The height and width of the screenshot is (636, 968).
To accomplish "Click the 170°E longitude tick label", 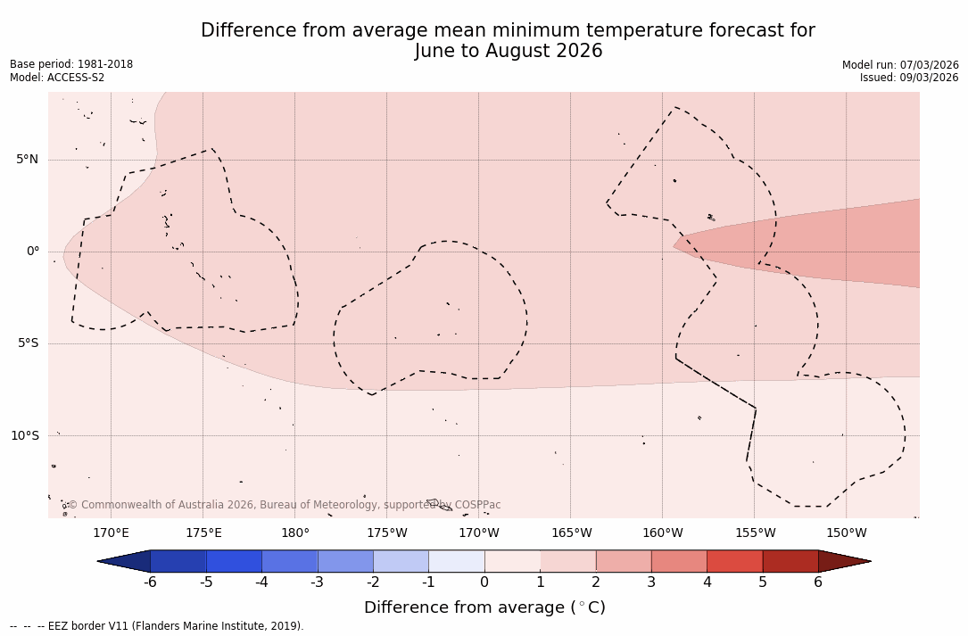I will pyautogui.click(x=111, y=533).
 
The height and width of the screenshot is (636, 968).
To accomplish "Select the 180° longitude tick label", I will pyautogui.click(x=294, y=533).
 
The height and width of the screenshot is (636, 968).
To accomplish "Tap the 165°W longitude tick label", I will pyautogui.click(x=571, y=533).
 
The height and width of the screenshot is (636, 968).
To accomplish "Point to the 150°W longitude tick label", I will pyautogui.click(x=846, y=533).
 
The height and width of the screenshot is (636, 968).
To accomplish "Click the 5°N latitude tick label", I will pyautogui.click(x=27, y=160).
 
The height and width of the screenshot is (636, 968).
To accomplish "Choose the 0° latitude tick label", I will pyautogui.click(x=32, y=252).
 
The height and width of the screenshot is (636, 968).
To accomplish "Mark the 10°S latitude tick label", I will pyautogui.click(x=24, y=435).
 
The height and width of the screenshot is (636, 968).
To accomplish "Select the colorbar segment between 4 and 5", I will pyautogui.click(x=734, y=561).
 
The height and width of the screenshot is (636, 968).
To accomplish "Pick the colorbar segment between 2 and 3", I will pyautogui.click(x=623, y=561).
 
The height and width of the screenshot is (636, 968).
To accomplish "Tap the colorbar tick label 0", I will pyautogui.click(x=484, y=582).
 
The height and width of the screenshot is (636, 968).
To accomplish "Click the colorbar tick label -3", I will pyautogui.click(x=317, y=582).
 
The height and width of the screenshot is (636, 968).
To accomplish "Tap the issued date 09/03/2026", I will pyautogui.click(x=929, y=78).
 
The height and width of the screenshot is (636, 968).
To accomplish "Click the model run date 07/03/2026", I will pyautogui.click(x=929, y=64).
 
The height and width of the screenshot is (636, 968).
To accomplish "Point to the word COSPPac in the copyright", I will pyautogui.click(x=477, y=505).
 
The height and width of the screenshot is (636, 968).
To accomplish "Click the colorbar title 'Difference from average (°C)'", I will pyautogui.click(x=484, y=607).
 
